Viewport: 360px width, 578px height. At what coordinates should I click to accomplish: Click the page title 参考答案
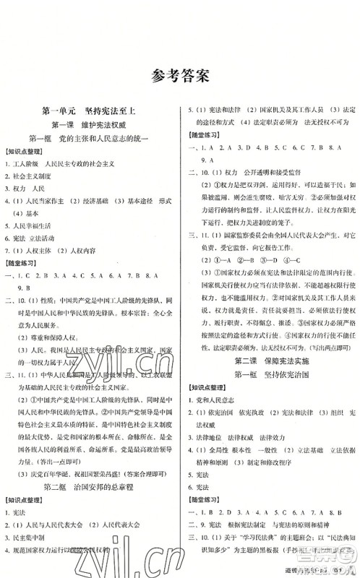180,76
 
